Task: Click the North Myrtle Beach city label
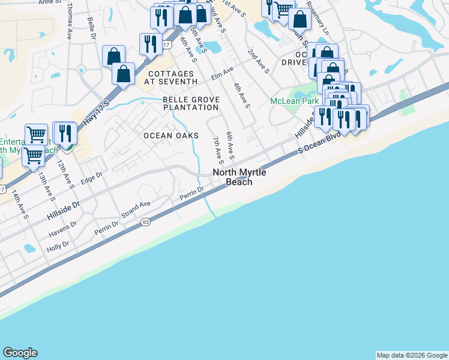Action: click(x=239, y=177)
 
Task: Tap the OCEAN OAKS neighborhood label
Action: click(x=170, y=136)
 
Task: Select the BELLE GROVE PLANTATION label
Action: click(x=191, y=103)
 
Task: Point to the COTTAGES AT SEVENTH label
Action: click(x=172, y=77)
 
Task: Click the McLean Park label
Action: click(x=294, y=101)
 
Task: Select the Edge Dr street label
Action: click(x=92, y=178)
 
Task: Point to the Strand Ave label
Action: click(x=136, y=208)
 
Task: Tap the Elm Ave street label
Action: click(x=222, y=73)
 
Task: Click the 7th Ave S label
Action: click(x=217, y=150)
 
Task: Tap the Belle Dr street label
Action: click(x=91, y=29)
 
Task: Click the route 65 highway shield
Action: click(x=146, y=222)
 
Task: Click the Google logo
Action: click(x=20, y=353)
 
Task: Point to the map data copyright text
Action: click(x=411, y=355)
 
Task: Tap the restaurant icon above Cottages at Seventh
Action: click(x=150, y=44)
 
